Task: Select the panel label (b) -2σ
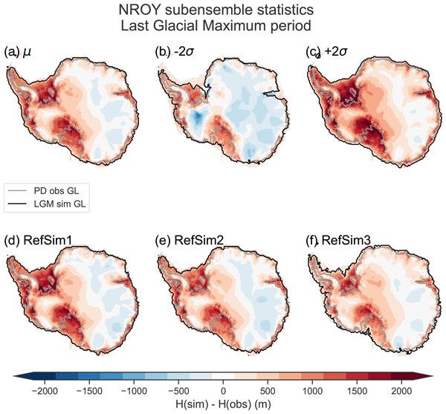click(173, 52)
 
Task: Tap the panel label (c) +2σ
click(327, 52)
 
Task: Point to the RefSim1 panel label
click(34, 241)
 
